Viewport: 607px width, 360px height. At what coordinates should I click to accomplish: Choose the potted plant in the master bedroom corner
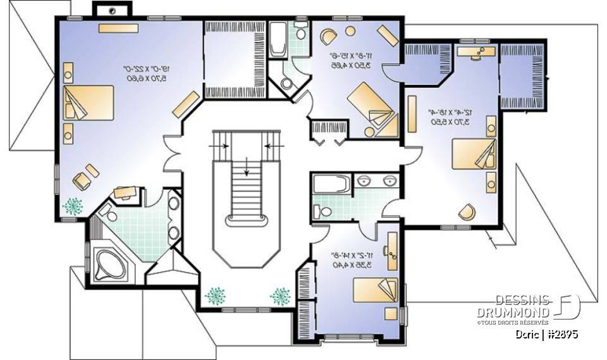(x=73, y=206)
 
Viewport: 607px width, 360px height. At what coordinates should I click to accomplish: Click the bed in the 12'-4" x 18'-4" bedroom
(x=472, y=154)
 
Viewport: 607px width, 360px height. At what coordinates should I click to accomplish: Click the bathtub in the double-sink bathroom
(x=331, y=183)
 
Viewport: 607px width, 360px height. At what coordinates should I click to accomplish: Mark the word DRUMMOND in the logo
(x=513, y=313)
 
